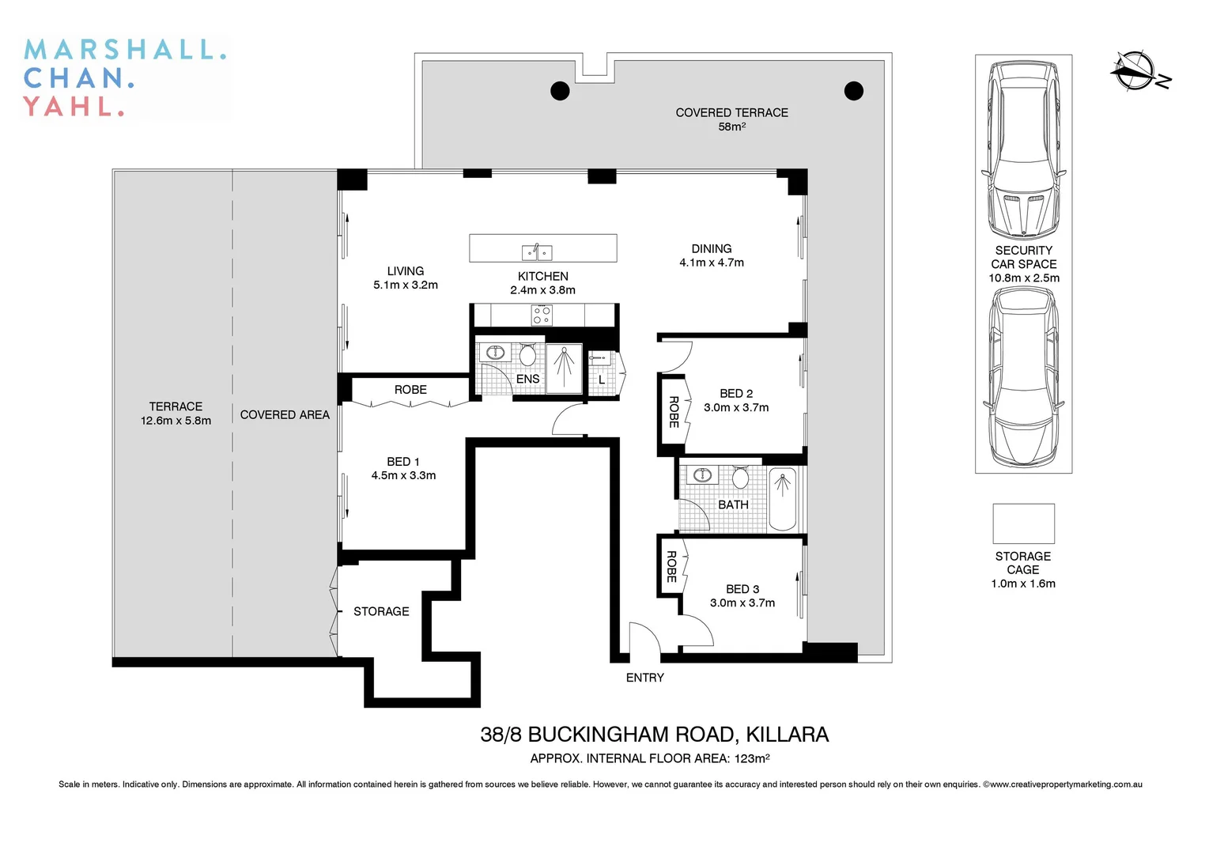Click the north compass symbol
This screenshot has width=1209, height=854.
tap(1135, 70)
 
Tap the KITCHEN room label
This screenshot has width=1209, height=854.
tap(542, 276)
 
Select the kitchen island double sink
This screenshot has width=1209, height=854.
tap(537, 253)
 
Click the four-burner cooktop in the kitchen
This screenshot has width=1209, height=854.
tap(542, 315)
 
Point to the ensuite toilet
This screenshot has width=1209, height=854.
tap(527, 355)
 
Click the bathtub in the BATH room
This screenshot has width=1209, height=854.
tap(783, 500)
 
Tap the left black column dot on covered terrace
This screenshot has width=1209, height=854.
tap(560, 91)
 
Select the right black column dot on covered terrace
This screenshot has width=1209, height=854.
tap(854, 91)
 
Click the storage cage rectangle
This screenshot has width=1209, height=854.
tap(1023, 523)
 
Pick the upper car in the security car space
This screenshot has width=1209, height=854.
tap(1023, 150)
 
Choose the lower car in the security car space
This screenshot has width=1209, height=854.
tap(1023, 378)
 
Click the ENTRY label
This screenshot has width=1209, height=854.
tap(644, 678)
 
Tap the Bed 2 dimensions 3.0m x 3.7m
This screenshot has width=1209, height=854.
tap(736, 408)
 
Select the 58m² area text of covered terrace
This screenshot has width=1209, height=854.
tap(731, 127)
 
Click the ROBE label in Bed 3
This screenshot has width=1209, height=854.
tap(671, 567)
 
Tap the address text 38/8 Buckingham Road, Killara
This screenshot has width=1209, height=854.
tap(654, 735)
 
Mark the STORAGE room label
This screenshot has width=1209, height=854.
tap(381, 611)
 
